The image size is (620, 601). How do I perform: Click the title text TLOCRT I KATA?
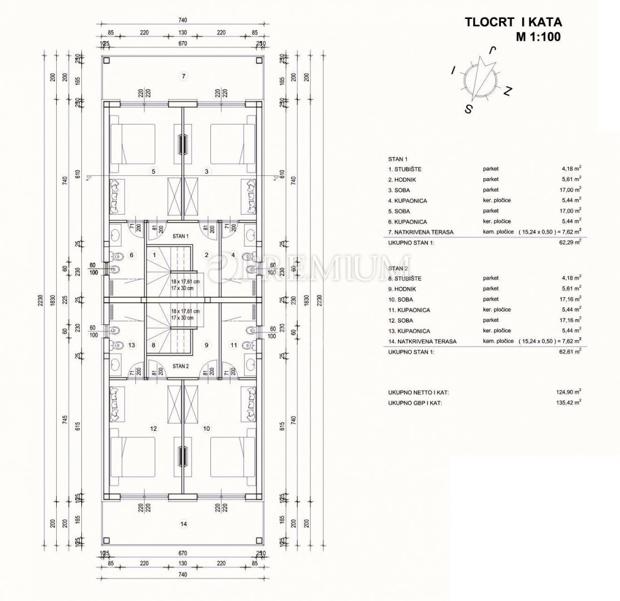coord(513,22)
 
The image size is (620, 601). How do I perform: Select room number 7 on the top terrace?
coord(183,76)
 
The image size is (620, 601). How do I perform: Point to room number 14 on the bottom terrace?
coord(183,524)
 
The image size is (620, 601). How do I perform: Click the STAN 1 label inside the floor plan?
coord(181,236)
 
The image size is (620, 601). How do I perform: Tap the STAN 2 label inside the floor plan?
coord(181,366)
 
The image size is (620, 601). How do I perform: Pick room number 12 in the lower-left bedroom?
coord(154,428)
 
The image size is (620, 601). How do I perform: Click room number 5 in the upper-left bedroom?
coord(154,171)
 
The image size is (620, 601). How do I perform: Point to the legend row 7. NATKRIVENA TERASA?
coord(423,231)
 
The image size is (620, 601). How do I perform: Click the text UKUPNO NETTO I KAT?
coord(419,392)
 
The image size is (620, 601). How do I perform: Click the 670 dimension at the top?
coord(183,43)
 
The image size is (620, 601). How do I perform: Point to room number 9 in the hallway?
coord(206,345)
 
